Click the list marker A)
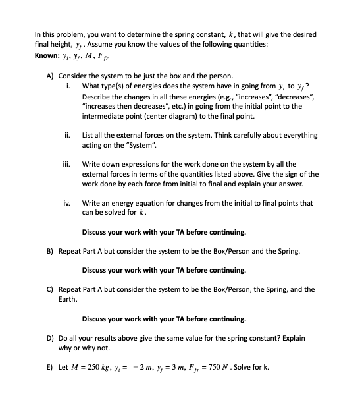tap(51, 76)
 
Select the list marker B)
tap(51, 251)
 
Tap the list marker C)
tap(51, 289)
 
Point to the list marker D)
tap(51, 338)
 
